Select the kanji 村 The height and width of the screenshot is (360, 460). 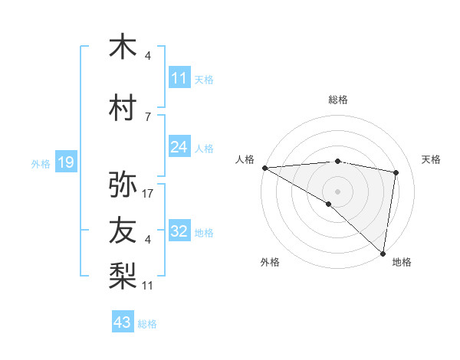[123, 107]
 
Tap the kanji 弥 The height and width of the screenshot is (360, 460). [123, 185]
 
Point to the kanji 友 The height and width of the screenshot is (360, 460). [123, 231]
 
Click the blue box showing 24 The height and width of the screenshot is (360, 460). [179, 147]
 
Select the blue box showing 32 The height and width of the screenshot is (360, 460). [179, 231]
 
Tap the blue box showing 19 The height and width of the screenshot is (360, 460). [66, 162]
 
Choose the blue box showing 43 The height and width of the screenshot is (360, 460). [123, 322]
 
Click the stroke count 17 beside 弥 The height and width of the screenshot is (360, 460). [149, 194]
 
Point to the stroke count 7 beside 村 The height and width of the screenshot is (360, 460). [148, 116]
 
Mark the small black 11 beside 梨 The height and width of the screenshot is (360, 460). [149, 286]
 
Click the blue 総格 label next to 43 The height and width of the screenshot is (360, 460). [147, 324]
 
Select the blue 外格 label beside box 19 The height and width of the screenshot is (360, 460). [40, 163]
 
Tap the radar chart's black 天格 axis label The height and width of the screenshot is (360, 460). [432, 159]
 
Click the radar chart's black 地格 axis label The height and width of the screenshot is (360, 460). [402, 263]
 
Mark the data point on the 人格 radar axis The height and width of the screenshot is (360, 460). [264, 168]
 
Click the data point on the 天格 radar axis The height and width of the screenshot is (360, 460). [396, 172]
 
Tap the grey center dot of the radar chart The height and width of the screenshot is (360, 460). [337, 191]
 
